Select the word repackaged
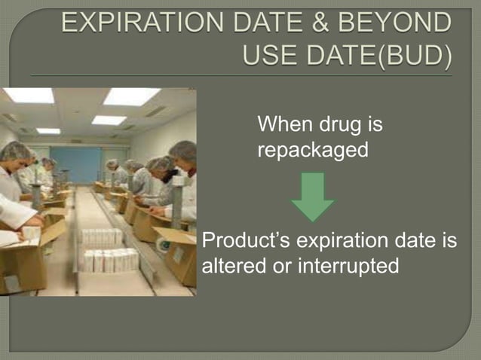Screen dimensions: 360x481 pos(313,151)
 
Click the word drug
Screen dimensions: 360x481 pos(341,124)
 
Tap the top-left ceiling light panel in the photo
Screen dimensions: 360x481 pos(29,96)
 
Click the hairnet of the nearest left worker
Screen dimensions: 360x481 pos(15,151)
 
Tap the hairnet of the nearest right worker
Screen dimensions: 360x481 pos(183,149)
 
